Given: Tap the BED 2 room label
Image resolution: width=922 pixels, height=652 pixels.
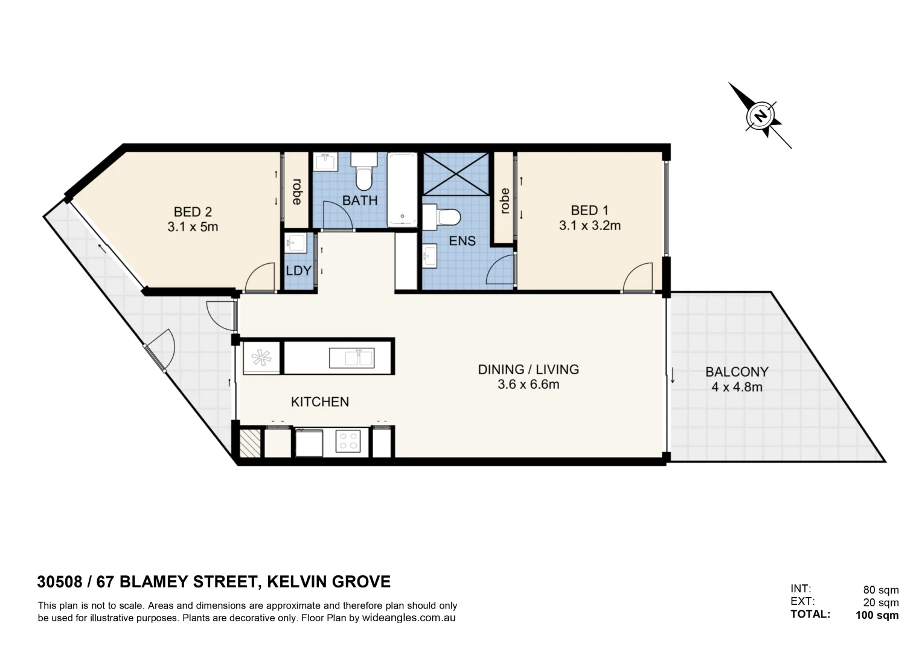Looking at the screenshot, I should pos(193,212).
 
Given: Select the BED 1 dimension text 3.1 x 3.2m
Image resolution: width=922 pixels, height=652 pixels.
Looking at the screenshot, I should pos(589,226).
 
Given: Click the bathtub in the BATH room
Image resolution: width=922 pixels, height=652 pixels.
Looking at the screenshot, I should pos(402,190).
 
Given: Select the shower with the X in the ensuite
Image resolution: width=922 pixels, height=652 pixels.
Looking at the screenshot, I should pos(456,174).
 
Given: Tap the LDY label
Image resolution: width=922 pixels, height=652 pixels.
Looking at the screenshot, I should pos(298,271).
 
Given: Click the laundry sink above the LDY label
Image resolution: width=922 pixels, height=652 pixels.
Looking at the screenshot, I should pos(296,243).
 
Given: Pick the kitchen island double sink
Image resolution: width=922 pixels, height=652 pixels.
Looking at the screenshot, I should pos(351,358).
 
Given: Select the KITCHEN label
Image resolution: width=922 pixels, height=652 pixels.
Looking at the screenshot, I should pos(319,402).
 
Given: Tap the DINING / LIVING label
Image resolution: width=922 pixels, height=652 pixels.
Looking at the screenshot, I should pos(528,369).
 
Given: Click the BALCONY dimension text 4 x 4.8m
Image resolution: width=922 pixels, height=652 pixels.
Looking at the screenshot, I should pos(737,388).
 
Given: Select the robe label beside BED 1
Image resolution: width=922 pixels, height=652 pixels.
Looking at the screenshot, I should pos(505,201).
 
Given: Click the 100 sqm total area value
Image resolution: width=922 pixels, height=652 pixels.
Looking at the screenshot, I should pos(877,616).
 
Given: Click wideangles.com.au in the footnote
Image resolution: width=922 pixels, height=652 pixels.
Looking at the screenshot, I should pos(409,618).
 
